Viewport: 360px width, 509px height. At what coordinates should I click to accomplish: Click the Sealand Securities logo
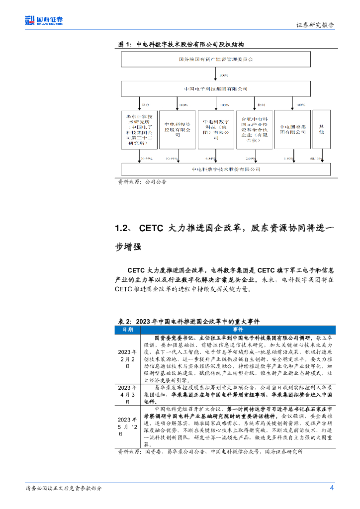44,20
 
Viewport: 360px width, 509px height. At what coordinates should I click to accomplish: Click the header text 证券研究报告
315,25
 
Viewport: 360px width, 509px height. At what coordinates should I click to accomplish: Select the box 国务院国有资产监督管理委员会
216,60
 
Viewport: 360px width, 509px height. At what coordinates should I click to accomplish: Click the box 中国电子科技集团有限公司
216,89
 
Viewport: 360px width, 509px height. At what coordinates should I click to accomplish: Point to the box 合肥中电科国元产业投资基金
254,130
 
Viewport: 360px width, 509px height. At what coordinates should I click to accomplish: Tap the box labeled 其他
321,130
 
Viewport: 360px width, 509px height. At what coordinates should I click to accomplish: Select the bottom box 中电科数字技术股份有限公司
225,169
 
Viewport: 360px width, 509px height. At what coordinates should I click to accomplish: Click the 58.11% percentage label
316,159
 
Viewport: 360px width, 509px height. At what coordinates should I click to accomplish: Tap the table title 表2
123,321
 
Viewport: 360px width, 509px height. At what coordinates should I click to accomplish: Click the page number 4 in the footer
332,488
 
